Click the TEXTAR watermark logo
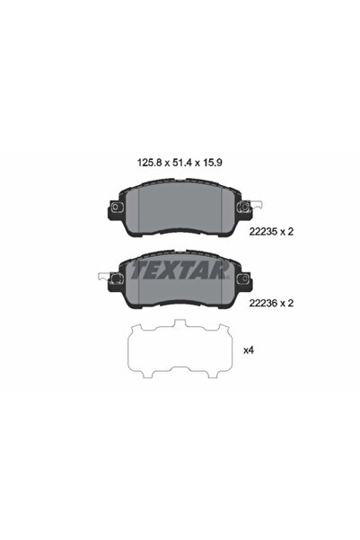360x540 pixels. click(x=179, y=267)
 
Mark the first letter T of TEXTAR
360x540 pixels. click(x=136, y=267)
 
